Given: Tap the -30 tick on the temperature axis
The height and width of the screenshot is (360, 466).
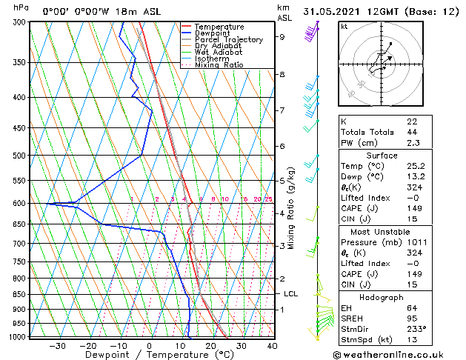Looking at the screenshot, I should [57, 345].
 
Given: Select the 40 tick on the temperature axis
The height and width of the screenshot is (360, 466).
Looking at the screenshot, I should [272, 345].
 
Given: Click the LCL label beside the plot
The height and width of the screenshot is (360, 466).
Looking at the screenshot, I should [290, 294].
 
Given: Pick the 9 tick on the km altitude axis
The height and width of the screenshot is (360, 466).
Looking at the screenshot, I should [282, 36].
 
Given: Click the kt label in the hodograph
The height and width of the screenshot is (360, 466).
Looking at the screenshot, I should [344, 26].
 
